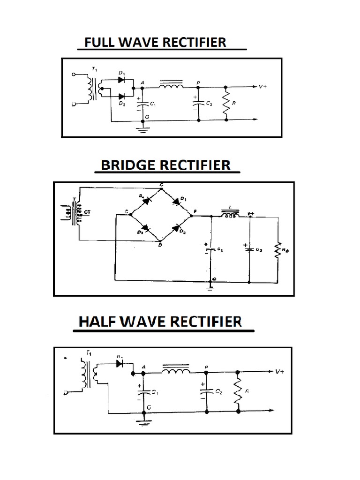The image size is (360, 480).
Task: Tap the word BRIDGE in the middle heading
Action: pyautogui.click(x=127, y=165)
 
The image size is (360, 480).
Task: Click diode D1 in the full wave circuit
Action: pyautogui.click(x=122, y=80)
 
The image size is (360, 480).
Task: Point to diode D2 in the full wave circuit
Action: pyautogui.click(x=122, y=97)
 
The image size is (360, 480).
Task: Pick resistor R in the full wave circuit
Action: pyautogui.click(x=226, y=104)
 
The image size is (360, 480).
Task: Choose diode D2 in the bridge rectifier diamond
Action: pyautogui.click(x=177, y=228)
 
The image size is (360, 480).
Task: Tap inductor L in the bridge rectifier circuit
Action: pyautogui.click(x=230, y=216)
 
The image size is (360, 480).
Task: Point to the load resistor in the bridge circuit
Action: pyautogui.click(x=278, y=249)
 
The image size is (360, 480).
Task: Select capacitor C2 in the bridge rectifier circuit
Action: pyautogui.click(x=249, y=249)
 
